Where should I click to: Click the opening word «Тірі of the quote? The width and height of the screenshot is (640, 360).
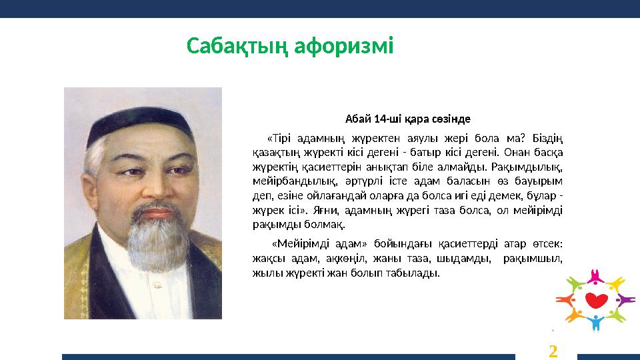point(278,139)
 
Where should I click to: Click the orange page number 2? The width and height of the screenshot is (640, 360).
point(553,350)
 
